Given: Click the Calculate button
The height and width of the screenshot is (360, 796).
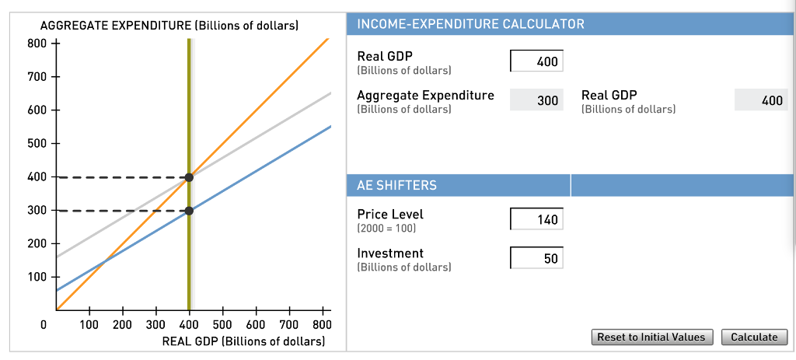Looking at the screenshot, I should [754, 337].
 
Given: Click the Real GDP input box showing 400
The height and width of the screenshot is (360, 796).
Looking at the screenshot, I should [536, 61].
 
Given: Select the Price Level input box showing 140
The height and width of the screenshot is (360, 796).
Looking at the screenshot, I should [536, 219].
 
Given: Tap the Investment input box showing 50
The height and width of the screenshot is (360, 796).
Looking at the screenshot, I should [536, 258].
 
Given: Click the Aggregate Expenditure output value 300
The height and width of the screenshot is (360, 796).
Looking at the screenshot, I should [536, 100].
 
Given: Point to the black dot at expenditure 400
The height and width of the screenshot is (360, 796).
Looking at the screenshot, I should [188, 177].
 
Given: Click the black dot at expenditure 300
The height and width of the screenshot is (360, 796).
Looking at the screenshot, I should [188, 210].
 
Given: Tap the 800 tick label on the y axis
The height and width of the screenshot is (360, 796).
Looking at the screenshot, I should [37, 44].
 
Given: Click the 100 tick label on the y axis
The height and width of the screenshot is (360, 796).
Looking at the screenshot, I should [37, 277].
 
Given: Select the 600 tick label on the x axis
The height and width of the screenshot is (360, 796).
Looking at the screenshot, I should [256, 324].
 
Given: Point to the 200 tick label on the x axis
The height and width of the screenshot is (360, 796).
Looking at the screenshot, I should [122, 324].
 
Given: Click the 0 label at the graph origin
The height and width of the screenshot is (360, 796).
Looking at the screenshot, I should [44, 324].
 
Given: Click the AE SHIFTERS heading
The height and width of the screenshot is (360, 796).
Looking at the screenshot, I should [396, 185].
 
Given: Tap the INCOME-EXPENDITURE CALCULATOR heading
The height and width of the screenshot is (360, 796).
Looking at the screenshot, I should [470, 24].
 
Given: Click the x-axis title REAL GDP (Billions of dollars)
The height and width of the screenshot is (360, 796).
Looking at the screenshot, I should [243, 341].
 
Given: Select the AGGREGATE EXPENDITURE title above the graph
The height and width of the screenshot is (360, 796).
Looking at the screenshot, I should [169, 26].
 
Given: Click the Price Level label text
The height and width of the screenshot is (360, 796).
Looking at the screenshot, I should [390, 215].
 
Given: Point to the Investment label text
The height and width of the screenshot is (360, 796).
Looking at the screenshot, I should [390, 253].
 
